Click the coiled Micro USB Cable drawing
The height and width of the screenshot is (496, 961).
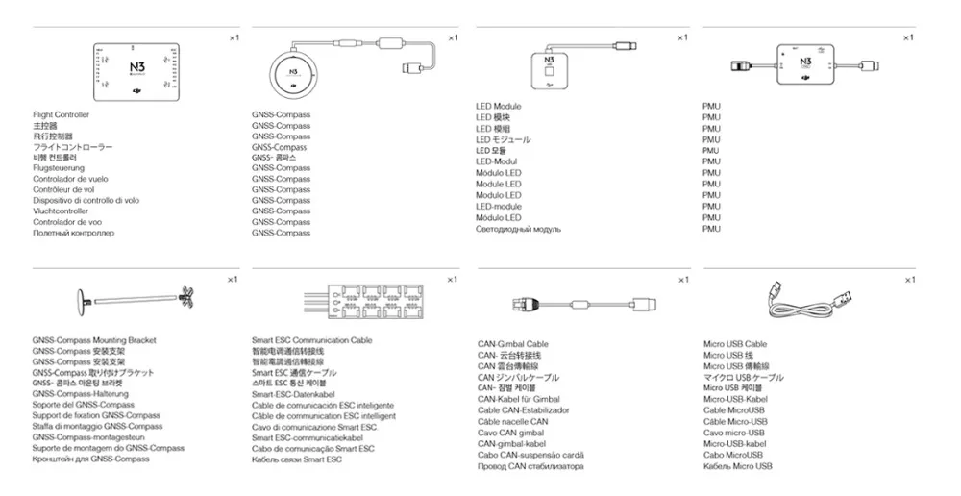(807, 300)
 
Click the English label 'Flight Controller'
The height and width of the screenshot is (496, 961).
(61, 115)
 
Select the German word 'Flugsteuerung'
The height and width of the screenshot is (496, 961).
(60, 168)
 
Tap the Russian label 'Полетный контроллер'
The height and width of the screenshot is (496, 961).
(73, 233)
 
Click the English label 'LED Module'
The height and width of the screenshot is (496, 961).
(499, 107)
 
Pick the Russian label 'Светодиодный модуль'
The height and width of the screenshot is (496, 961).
(519, 229)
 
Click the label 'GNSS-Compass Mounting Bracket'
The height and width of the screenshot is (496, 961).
(94, 341)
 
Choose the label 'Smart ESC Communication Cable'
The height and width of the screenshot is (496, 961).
(311, 341)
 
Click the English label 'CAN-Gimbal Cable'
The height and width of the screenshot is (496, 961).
(513, 344)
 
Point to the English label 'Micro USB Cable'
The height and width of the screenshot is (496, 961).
(735, 344)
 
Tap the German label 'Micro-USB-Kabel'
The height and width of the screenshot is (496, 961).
(735, 399)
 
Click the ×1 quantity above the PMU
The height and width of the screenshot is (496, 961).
(907, 37)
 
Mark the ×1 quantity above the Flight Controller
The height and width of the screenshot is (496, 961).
(234, 37)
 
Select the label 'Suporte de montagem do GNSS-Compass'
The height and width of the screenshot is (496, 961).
(108, 448)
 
